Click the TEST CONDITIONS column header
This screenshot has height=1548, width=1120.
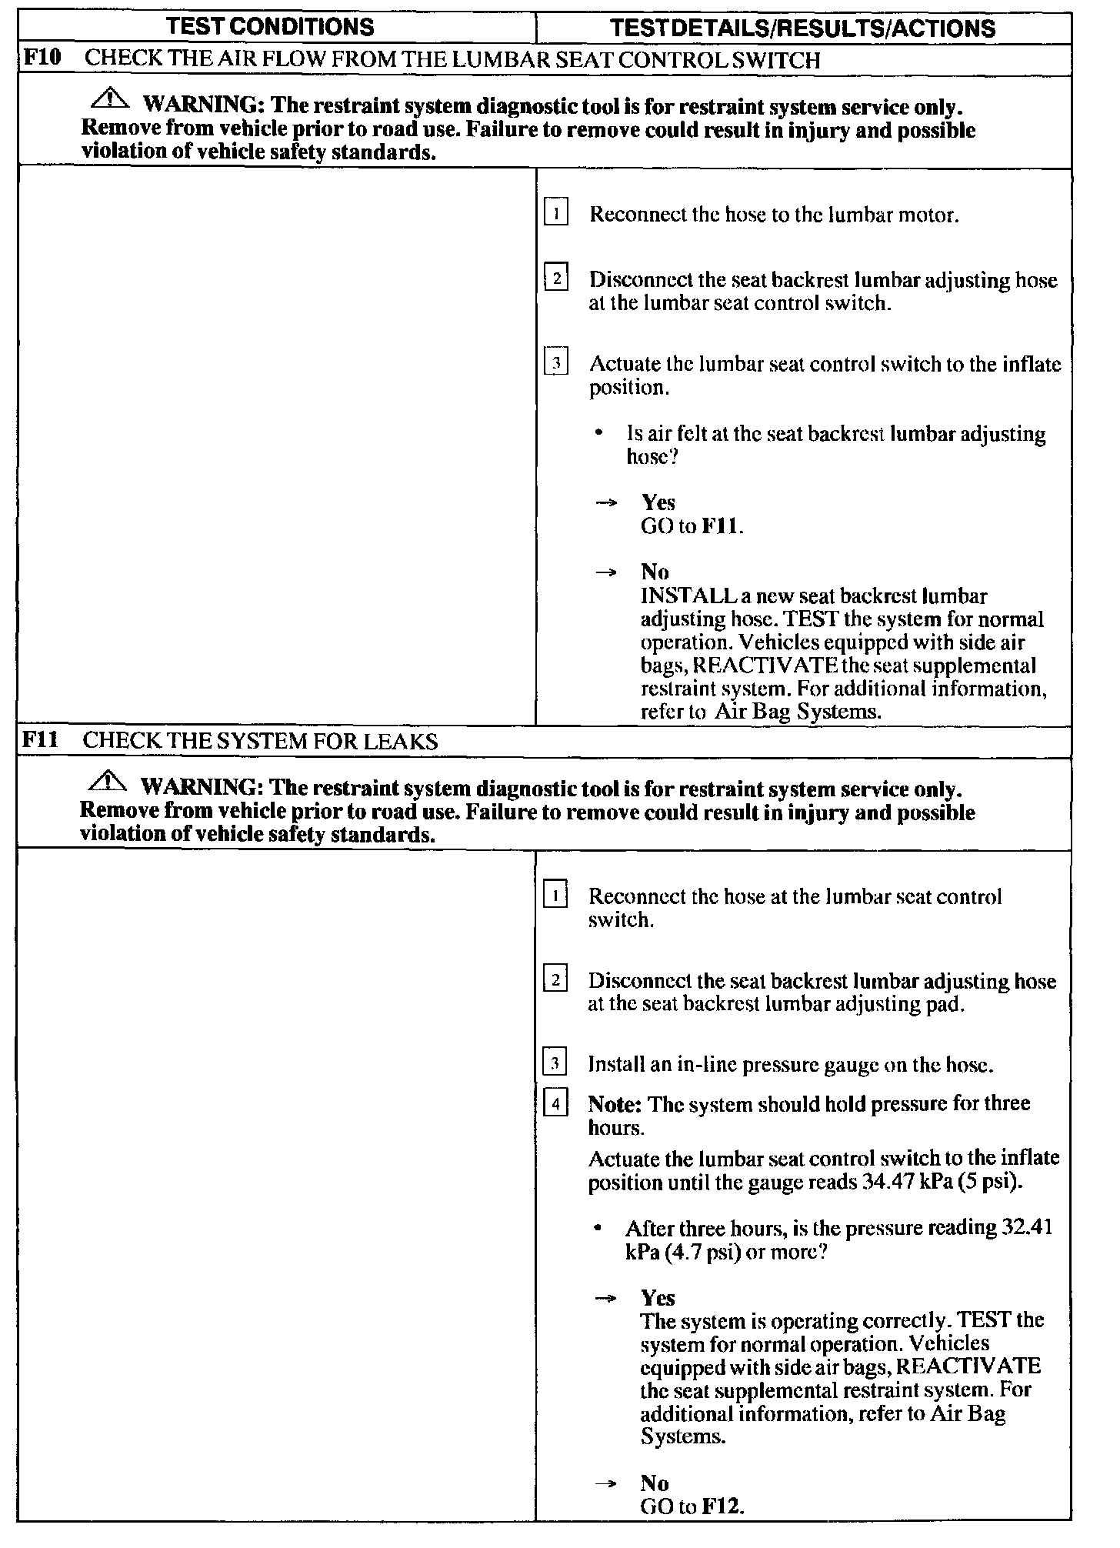tap(270, 27)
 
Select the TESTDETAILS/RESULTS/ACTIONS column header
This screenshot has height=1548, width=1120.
tap(802, 28)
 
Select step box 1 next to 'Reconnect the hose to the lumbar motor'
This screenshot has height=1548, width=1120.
tap(555, 212)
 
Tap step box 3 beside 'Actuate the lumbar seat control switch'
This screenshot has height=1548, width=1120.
tap(555, 362)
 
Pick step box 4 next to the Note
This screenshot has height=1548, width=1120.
tap(555, 1105)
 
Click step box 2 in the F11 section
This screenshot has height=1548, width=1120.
tap(555, 979)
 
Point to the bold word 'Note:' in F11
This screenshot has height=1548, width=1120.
tap(615, 1104)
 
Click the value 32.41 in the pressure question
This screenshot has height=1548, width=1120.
tap(1028, 1227)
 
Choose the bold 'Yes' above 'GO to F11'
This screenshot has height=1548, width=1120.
tap(658, 502)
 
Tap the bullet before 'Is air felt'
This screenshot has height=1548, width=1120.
tap(598, 435)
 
